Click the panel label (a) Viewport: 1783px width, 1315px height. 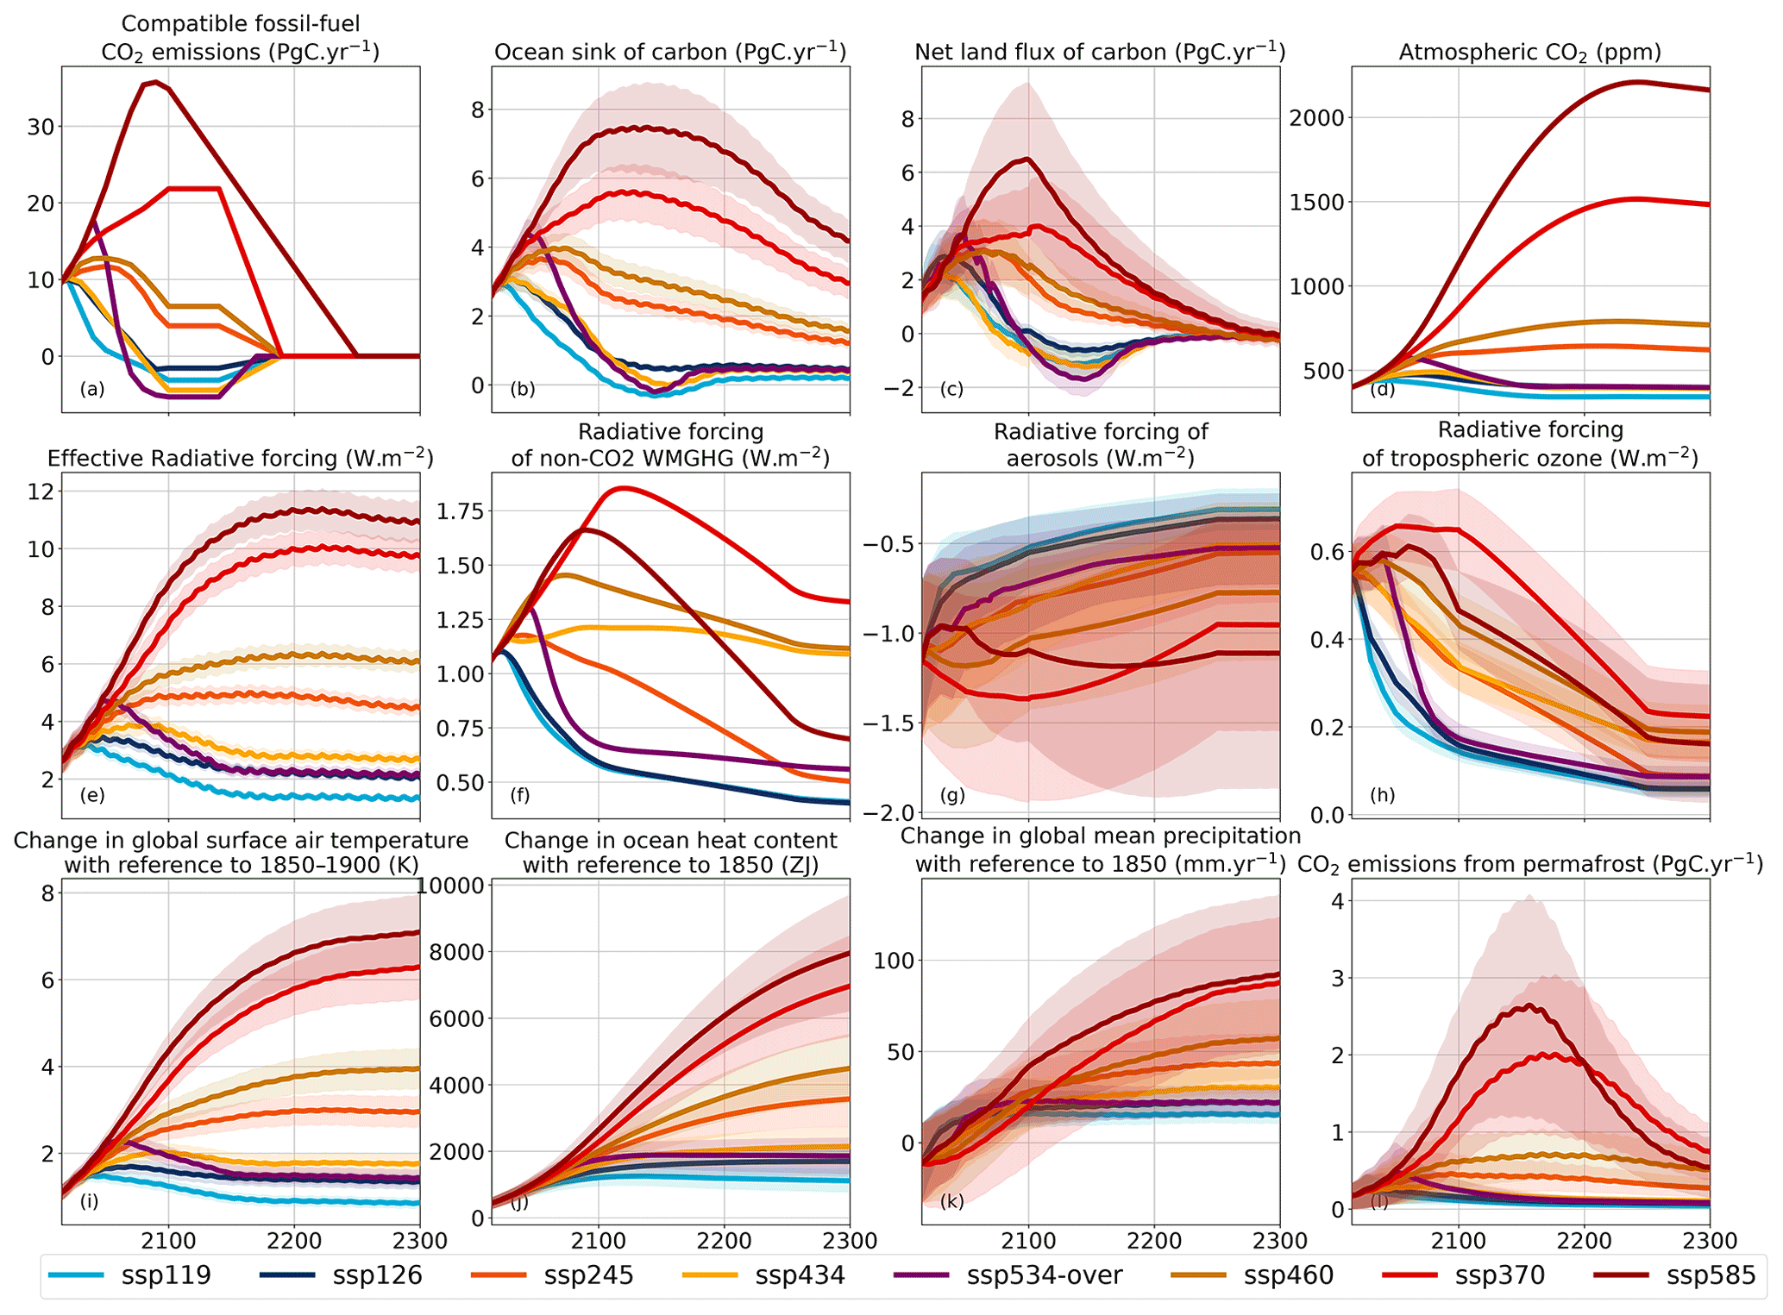(x=92, y=389)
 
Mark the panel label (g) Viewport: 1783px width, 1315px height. (x=952, y=795)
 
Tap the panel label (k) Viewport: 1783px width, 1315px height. (x=952, y=1200)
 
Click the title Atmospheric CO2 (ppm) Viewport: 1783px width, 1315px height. (x=1529, y=53)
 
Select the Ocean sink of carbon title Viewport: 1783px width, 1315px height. (x=670, y=53)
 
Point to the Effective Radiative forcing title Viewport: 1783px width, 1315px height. (x=240, y=458)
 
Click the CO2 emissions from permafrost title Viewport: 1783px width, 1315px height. (x=1529, y=864)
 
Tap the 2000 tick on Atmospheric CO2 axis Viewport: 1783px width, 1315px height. (x=1316, y=118)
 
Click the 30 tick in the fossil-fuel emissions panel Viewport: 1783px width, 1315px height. (x=41, y=127)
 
